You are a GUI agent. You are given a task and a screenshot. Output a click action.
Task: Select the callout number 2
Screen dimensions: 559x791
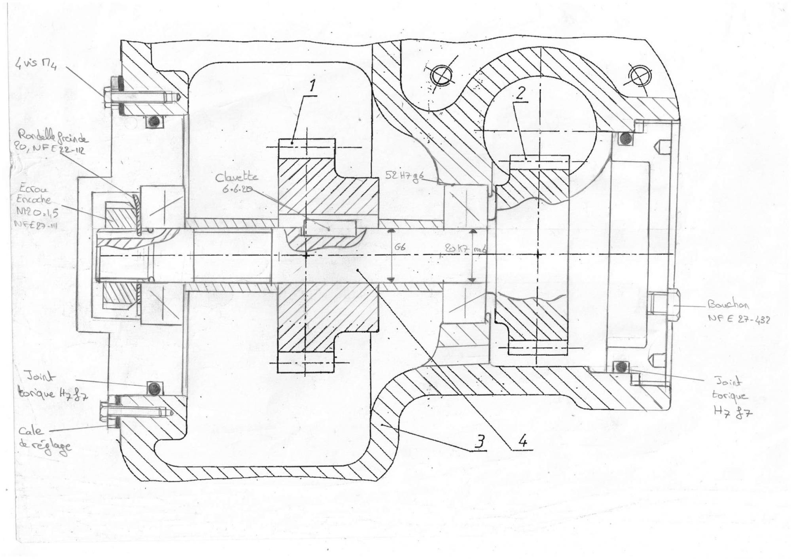520,93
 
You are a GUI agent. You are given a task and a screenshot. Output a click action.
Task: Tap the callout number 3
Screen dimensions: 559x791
479,443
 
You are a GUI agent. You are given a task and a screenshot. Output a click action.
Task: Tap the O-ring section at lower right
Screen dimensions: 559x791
621,366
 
